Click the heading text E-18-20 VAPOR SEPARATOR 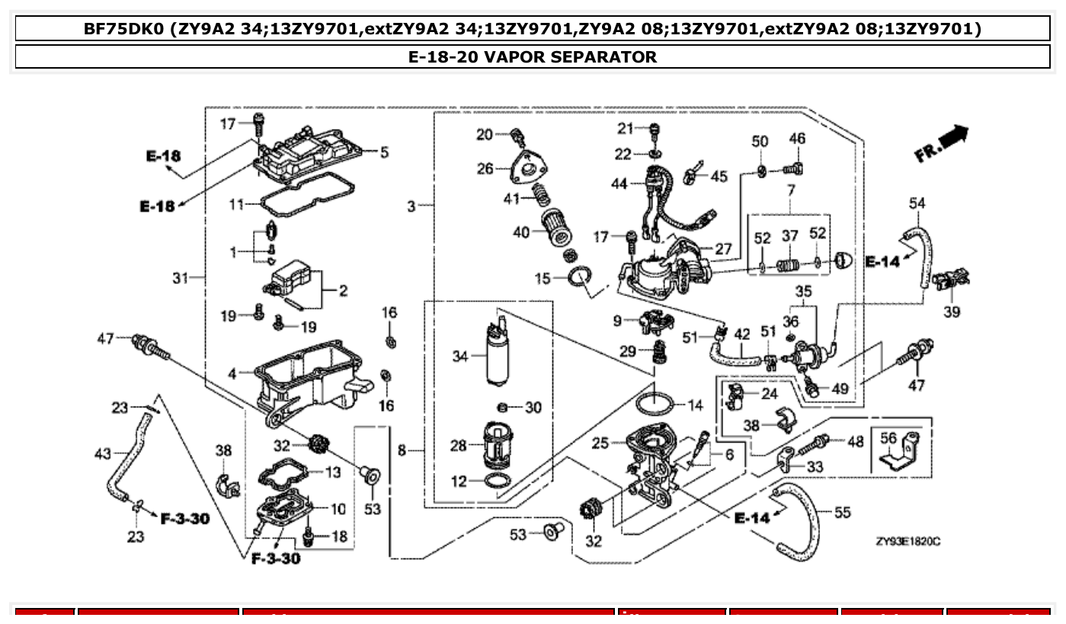pos(532,56)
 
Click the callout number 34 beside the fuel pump pos(460,356)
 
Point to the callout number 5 pos(384,152)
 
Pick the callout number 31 pos(179,278)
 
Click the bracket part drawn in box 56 pos(900,452)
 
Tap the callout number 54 pos(917,203)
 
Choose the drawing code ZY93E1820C pos(908,541)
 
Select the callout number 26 pos(485,169)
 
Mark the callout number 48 pos(856,442)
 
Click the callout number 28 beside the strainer pos(458,445)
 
